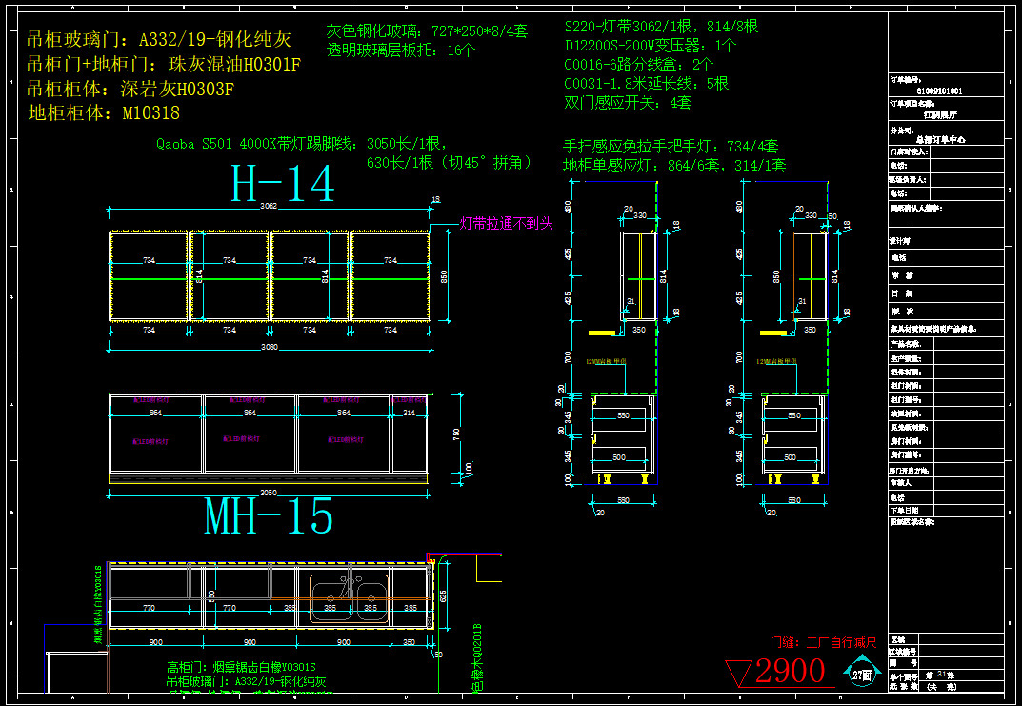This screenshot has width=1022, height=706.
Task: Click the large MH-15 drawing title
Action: pyautogui.click(x=270, y=516)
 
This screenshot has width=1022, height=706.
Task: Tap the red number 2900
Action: pyautogui.click(x=790, y=671)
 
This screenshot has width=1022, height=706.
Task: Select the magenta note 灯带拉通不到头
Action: pyautogui.click(x=506, y=224)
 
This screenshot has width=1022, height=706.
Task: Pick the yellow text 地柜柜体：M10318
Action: pyautogui.click(x=104, y=113)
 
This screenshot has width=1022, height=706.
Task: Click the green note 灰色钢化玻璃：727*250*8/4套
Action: pyautogui.click(x=426, y=31)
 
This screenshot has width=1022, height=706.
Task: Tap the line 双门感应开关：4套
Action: pyautogui.click(x=628, y=102)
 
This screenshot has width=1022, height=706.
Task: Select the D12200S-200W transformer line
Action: pyautogui.click(x=651, y=46)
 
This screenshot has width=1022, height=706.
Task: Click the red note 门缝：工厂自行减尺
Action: pyautogui.click(x=823, y=643)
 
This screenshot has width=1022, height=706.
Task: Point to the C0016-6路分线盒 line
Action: pyautogui.click(x=638, y=65)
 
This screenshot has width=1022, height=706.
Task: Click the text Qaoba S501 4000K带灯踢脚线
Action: pyautogui.click(x=259, y=145)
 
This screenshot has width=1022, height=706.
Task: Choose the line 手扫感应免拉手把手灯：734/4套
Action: pyautogui.click(x=671, y=147)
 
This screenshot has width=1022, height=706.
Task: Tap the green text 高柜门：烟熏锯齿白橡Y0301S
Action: pyautogui.click(x=241, y=667)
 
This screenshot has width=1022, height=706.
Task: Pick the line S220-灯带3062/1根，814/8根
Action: pyautogui.click(x=661, y=27)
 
